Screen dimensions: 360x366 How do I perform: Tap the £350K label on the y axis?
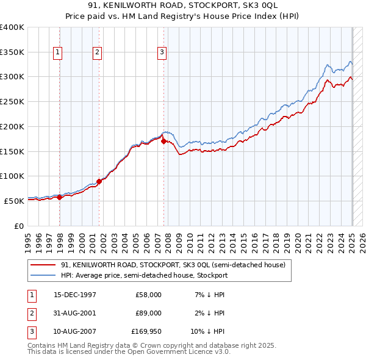tap(12, 52)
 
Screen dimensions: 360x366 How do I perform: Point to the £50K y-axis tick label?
tap(15, 201)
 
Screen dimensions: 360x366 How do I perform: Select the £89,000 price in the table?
tap(148, 313)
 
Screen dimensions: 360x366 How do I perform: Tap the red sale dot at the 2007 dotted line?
tap(164, 141)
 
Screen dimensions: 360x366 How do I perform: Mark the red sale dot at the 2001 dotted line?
tap(99, 181)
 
